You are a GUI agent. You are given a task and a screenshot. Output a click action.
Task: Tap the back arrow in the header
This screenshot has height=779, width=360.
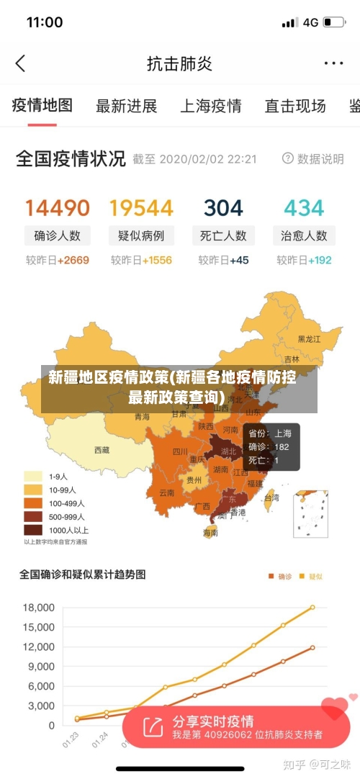click(20, 63)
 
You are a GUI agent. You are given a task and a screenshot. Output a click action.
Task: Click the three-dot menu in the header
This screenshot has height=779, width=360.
click(333, 63)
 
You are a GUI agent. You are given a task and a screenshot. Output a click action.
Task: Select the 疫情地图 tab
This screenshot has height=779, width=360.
click(42, 105)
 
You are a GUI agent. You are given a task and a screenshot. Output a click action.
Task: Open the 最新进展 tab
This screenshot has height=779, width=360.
click(126, 106)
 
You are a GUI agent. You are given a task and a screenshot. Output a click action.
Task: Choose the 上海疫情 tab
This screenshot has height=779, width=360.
click(210, 106)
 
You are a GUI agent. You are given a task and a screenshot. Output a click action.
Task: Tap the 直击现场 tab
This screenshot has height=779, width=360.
click(294, 106)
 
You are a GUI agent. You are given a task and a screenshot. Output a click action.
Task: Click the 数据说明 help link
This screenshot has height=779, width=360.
click(313, 158)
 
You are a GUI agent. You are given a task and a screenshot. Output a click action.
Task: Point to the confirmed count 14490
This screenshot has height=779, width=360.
click(58, 208)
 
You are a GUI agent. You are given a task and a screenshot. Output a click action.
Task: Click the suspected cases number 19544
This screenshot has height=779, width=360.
click(141, 208)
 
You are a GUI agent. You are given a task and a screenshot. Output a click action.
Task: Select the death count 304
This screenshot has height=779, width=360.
click(223, 208)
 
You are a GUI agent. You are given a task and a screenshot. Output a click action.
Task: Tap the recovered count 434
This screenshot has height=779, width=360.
click(304, 208)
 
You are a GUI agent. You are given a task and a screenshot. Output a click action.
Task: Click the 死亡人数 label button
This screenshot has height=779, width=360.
click(223, 235)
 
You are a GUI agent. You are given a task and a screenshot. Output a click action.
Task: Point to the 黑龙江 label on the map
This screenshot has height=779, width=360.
click(310, 338)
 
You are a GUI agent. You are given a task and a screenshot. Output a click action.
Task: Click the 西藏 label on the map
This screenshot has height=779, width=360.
click(102, 450)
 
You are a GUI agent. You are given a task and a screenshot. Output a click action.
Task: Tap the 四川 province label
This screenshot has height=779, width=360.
click(180, 452)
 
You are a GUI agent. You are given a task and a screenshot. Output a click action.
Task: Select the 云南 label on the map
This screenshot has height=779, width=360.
click(166, 493)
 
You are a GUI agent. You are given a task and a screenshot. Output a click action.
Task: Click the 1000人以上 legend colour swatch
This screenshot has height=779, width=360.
click(33, 530)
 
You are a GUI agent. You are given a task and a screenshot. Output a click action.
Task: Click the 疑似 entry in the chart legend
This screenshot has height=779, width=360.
click(310, 576)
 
